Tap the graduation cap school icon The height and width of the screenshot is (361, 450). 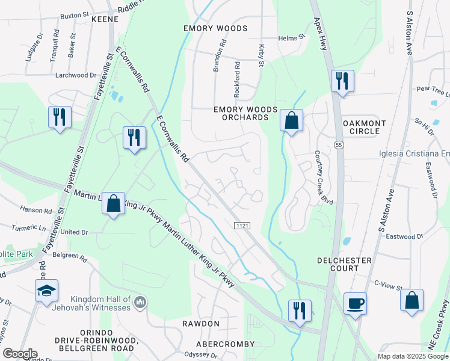point(46,291)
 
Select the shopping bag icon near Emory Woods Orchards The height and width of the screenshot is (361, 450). point(291,121)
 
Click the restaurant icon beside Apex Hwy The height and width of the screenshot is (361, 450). point(342,81)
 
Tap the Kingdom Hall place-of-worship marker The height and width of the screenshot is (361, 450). point(140,300)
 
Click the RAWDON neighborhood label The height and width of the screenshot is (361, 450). point(201,324)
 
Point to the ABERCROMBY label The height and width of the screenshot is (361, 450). point(225,344)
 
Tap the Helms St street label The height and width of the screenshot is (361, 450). point(292,38)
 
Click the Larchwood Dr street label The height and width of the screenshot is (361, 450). point(75,75)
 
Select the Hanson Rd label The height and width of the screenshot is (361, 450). point(35,211)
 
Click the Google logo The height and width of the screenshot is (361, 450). point(20,354)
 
